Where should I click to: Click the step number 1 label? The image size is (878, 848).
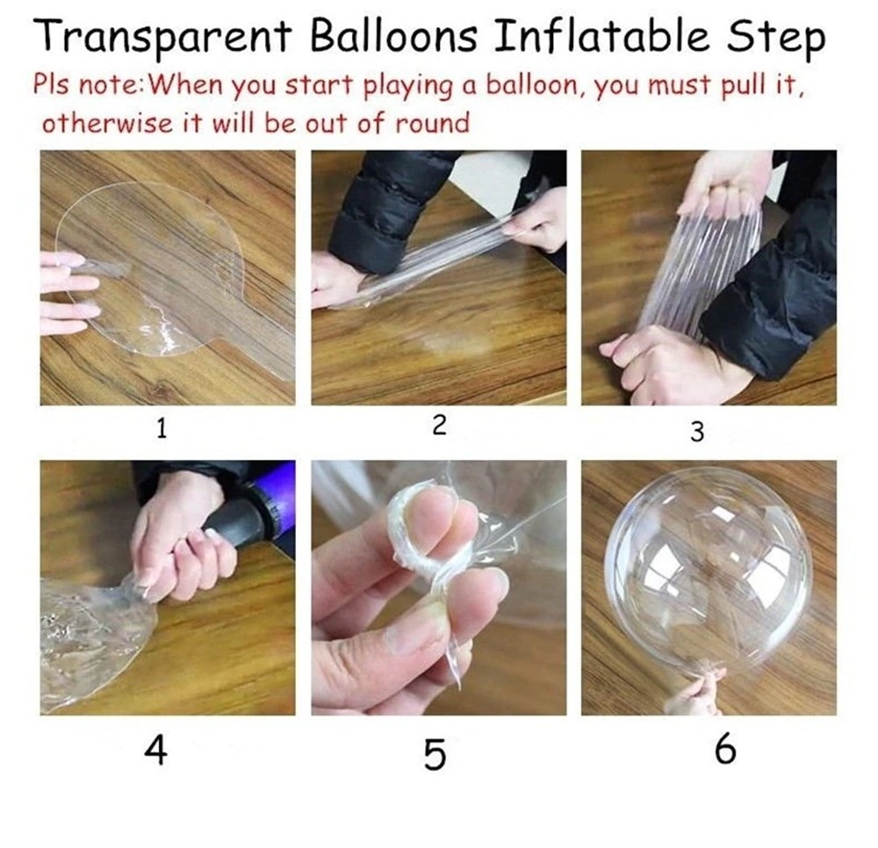coord(162,429)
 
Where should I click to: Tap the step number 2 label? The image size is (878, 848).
coord(440,426)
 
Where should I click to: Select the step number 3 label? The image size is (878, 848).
coord(697,432)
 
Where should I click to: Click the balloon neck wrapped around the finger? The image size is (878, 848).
coord(417,527)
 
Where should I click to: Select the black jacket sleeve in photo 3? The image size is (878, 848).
coord(773,290)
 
